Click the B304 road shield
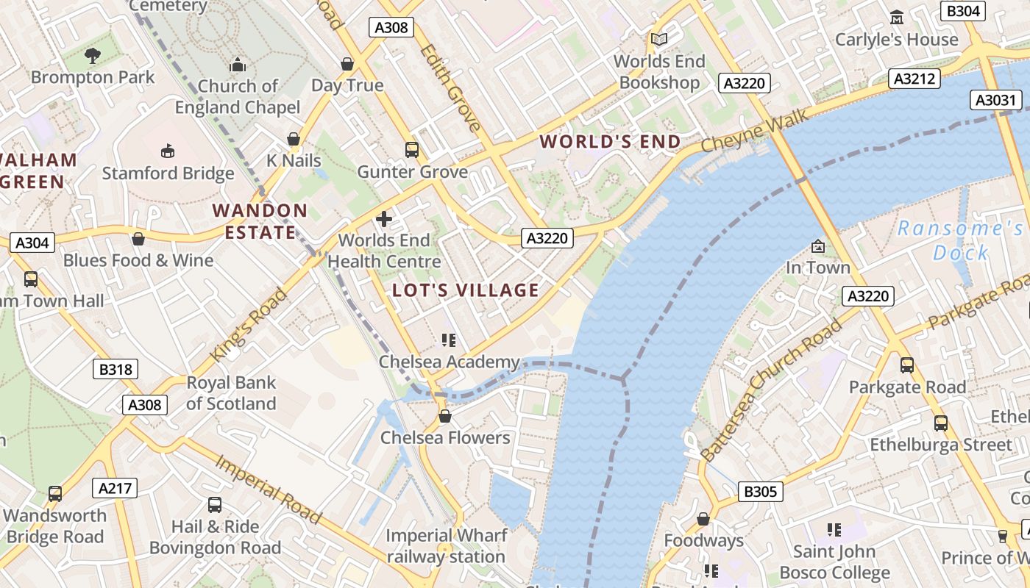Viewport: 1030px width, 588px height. (x=963, y=11)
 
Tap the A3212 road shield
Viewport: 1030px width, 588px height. (x=914, y=79)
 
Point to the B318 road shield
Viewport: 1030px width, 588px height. (x=116, y=369)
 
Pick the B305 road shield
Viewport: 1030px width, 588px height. (x=760, y=492)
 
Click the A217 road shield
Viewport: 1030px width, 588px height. (x=116, y=488)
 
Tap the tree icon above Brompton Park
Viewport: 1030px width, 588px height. (x=93, y=55)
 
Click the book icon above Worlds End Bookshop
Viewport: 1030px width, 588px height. (x=659, y=39)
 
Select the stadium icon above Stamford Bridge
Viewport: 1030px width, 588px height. (x=168, y=151)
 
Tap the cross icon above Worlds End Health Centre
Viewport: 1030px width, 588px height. (x=383, y=218)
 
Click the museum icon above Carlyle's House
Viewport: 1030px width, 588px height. (x=897, y=17)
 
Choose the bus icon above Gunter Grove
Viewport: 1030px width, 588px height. (x=412, y=150)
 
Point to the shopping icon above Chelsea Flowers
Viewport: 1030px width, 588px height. (x=444, y=416)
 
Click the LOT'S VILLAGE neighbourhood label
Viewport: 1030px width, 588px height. (x=466, y=290)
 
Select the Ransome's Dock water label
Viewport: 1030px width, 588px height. (x=960, y=240)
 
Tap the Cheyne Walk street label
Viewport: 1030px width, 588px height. (x=755, y=131)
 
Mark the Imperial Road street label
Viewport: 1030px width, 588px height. (x=268, y=489)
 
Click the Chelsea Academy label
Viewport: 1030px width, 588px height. (x=449, y=362)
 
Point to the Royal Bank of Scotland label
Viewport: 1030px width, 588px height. (x=231, y=392)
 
